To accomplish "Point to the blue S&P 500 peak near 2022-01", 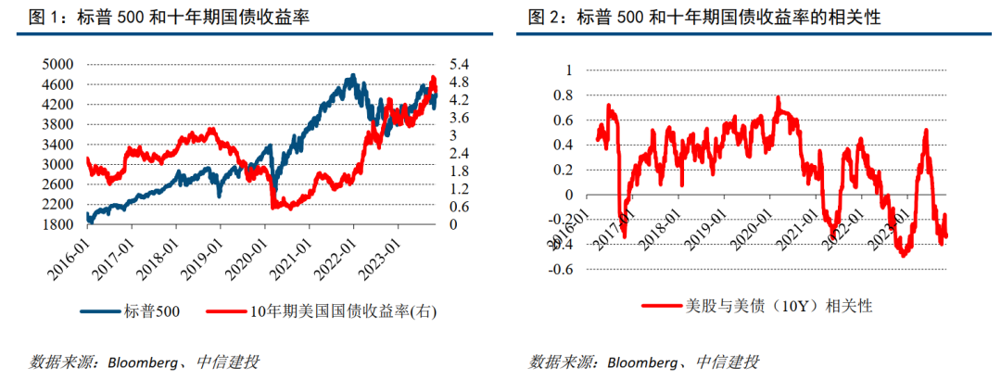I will coord(350,76).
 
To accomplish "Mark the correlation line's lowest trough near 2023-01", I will coord(902,255).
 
